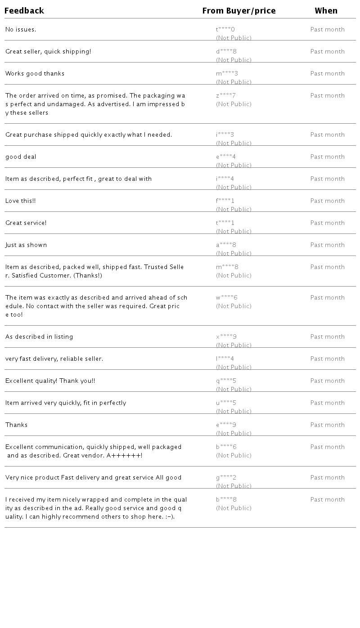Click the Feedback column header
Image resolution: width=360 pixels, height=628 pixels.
click(24, 11)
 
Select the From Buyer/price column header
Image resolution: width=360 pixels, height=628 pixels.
click(239, 11)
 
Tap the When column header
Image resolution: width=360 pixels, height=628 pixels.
click(326, 11)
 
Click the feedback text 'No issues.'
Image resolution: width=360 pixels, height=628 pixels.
click(21, 30)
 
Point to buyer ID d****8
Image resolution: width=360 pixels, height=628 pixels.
click(226, 52)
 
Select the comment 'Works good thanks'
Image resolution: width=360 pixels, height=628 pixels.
click(35, 74)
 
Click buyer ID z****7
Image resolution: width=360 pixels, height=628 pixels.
click(226, 96)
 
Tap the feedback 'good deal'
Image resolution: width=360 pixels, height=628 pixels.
click(21, 157)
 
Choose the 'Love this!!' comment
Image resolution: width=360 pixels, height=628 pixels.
click(21, 201)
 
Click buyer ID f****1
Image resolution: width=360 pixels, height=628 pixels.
click(225, 201)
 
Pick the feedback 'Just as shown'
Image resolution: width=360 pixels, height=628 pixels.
click(26, 245)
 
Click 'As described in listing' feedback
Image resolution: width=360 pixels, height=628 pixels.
click(39, 337)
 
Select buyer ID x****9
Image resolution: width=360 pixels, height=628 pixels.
click(226, 337)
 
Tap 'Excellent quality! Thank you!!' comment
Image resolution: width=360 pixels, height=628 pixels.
click(50, 381)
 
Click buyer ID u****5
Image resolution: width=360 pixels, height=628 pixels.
click(226, 403)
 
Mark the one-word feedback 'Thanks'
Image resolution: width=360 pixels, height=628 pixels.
click(17, 425)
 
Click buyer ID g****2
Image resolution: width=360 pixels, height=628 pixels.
click(226, 478)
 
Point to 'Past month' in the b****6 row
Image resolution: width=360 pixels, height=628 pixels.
click(328, 447)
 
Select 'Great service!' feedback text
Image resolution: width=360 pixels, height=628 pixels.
click(26, 223)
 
